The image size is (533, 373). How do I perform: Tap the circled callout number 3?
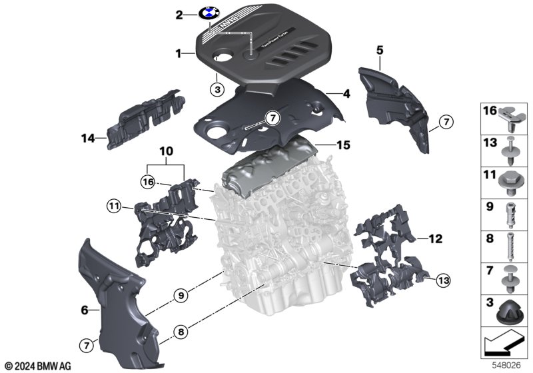(x=218, y=87)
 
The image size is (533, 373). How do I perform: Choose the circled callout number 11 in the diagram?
(x=114, y=206)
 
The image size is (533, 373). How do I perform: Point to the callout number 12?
(x=435, y=236)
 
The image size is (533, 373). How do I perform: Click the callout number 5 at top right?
(x=380, y=50)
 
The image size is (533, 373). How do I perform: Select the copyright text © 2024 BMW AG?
(x=37, y=366)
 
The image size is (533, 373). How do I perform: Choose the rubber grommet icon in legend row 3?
(x=510, y=308)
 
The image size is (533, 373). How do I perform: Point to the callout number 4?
(x=346, y=95)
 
